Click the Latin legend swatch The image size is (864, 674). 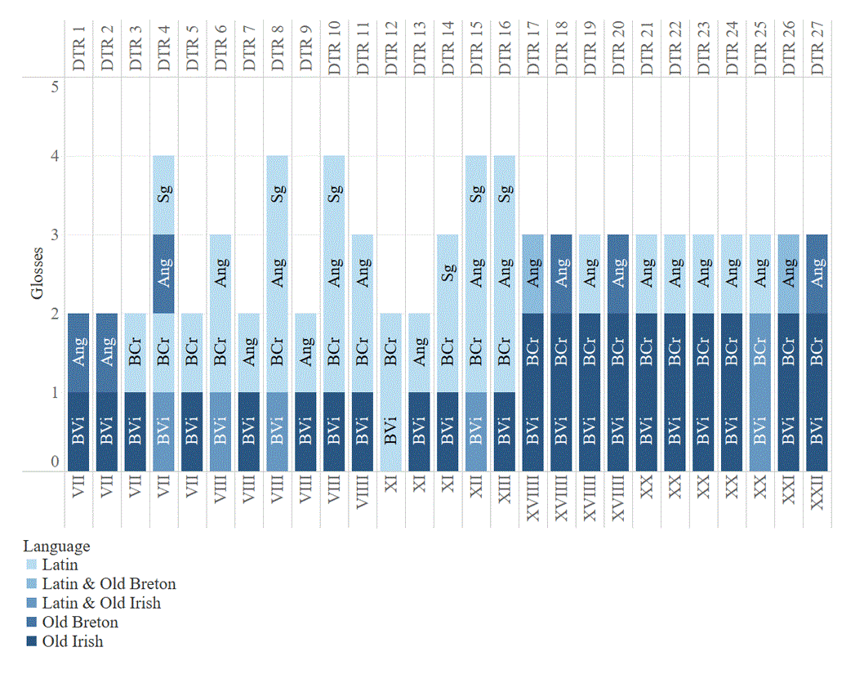[31, 565]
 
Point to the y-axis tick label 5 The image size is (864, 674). [55, 87]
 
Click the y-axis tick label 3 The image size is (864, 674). [55, 234]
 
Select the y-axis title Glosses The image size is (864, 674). [37, 274]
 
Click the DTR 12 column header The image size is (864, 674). [390, 48]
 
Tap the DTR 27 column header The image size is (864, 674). [817, 48]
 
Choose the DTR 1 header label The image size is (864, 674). [78, 48]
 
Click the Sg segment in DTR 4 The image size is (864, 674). [163, 195]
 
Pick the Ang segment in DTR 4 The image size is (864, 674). [163, 274]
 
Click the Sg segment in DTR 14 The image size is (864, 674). [448, 274]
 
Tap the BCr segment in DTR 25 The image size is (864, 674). [759, 353]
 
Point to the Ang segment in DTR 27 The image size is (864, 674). [817, 274]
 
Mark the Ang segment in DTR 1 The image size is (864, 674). [78, 353]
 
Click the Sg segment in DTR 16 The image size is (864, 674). [504, 195]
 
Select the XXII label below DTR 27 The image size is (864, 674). [817, 493]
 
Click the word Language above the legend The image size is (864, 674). [56, 547]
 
